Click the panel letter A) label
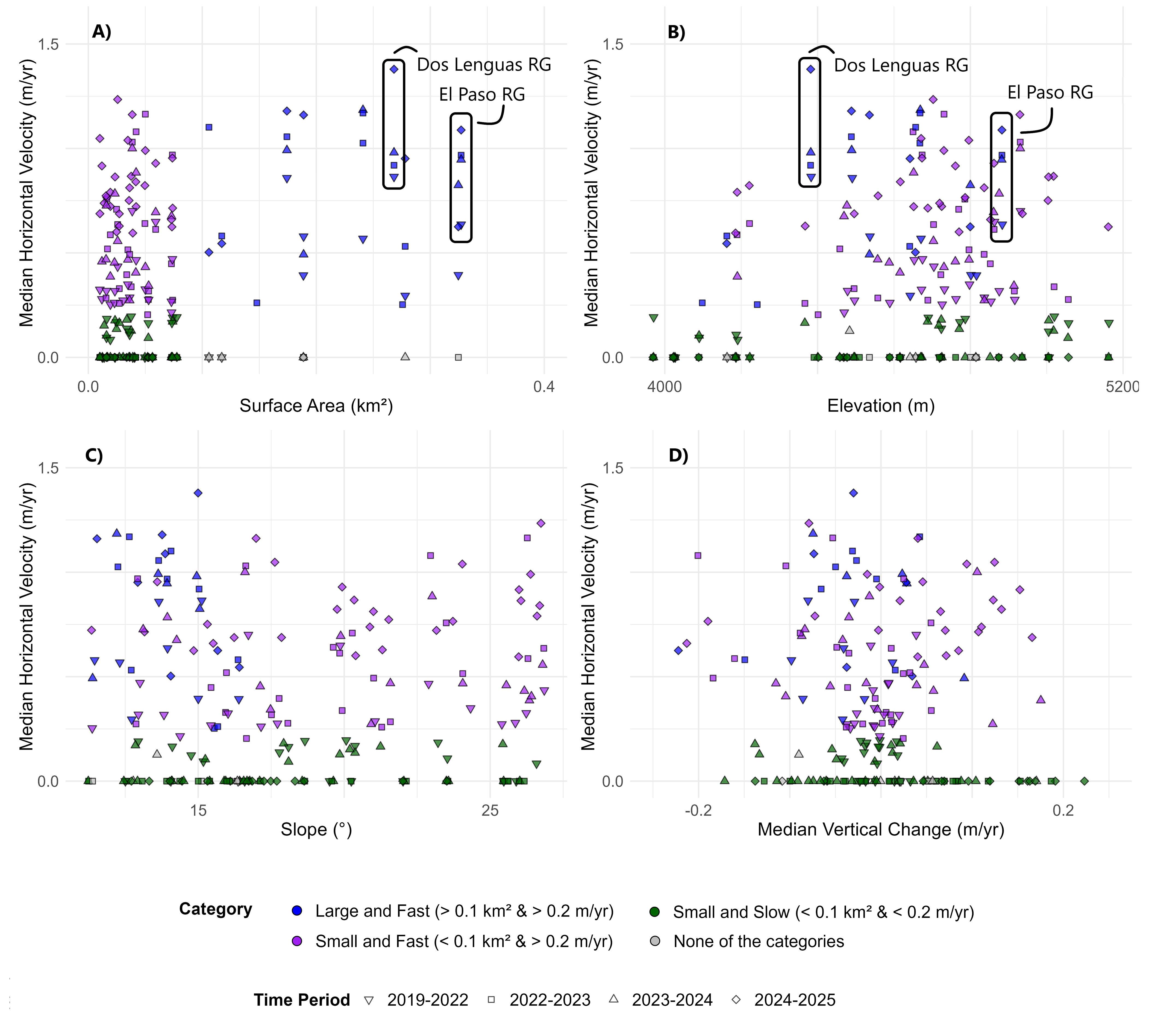(102, 32)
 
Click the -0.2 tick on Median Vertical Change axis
(698, 810)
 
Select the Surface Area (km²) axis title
(316, 406)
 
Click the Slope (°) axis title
(316, 829)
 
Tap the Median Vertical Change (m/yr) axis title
(880, 829)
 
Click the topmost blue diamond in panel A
(394, 69)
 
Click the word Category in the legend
(215, 909)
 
